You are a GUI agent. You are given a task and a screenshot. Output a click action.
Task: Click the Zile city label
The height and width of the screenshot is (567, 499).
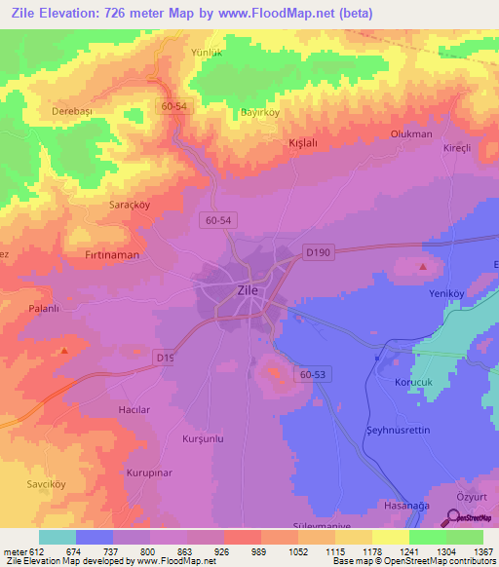pos(248,289)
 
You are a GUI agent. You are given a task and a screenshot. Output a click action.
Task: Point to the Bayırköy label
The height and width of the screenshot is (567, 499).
pos(260,112)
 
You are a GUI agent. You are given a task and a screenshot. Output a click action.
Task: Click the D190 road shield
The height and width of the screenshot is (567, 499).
pos(317,251)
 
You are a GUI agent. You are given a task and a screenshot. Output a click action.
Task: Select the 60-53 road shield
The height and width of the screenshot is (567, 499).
pos(313,374)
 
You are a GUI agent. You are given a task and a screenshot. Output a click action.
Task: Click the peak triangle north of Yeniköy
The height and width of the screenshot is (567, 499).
pos(423,266)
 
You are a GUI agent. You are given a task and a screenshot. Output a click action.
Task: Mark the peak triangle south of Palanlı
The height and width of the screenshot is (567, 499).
pos(64,350)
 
